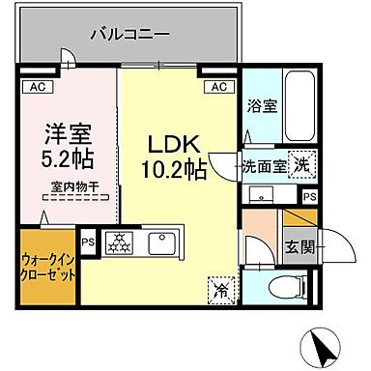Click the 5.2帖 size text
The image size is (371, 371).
tap(66, 155)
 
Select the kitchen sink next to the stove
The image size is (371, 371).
tap(159, 243)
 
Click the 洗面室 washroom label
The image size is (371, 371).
tap(265, 166)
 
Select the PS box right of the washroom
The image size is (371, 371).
tap(309, 197)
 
